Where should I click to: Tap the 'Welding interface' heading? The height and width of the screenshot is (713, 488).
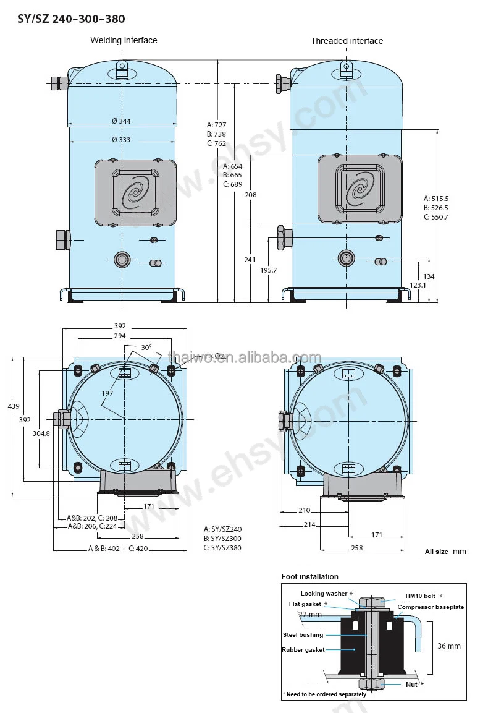124,40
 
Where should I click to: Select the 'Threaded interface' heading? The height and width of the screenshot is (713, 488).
347,41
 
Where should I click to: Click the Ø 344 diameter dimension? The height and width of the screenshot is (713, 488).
121,121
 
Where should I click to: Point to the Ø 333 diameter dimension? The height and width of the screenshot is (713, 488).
121,140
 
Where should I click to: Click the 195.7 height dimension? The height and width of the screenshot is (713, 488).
269,270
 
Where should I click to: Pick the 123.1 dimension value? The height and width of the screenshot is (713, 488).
418,285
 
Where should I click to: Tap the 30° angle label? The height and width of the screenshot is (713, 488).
146,348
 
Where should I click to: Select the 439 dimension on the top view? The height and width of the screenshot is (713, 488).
14,406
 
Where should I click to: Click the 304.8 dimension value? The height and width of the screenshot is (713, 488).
41,433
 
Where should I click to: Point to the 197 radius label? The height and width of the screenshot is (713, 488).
107,393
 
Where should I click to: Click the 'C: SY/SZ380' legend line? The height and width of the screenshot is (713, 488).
222,547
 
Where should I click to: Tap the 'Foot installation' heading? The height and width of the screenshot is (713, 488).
309,577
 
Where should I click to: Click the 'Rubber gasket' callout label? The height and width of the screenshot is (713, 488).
303,650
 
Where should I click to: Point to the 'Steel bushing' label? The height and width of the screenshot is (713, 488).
303,635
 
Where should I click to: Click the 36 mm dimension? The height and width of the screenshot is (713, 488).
448,646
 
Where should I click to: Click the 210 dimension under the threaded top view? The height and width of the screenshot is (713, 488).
305,510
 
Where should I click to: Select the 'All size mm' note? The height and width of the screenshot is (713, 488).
445,552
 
